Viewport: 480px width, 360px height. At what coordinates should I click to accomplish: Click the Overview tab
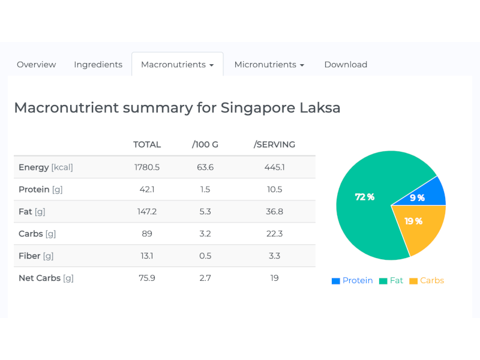tap(36, 65)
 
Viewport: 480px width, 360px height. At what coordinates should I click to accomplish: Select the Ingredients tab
tap(98, 65)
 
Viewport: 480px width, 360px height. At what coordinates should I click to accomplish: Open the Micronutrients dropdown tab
tap(269, 65)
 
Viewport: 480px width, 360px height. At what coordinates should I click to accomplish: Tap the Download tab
tap(346, 65)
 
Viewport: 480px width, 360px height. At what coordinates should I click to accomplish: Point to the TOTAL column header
tap(147, 145)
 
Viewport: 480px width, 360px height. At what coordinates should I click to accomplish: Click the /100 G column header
tap(205, 145)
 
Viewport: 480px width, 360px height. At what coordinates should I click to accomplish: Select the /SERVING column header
tap(274, 145)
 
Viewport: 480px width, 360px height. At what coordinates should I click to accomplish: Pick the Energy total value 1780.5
tap(147, 167)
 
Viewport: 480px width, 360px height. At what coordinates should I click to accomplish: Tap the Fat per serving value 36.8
tap(274, 212)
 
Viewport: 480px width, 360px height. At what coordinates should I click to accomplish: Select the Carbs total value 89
tap(147, 234)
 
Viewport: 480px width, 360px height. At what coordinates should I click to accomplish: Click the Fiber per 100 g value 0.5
tap(205, 256)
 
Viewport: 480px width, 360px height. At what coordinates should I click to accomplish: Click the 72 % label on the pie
tap(364, 197)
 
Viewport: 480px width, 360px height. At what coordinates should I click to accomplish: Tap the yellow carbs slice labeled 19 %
tap(420, 225)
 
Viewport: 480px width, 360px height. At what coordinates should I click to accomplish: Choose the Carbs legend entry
tap(427, 281)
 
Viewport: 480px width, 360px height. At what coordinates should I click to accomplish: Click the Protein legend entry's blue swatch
tap(336, 281)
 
